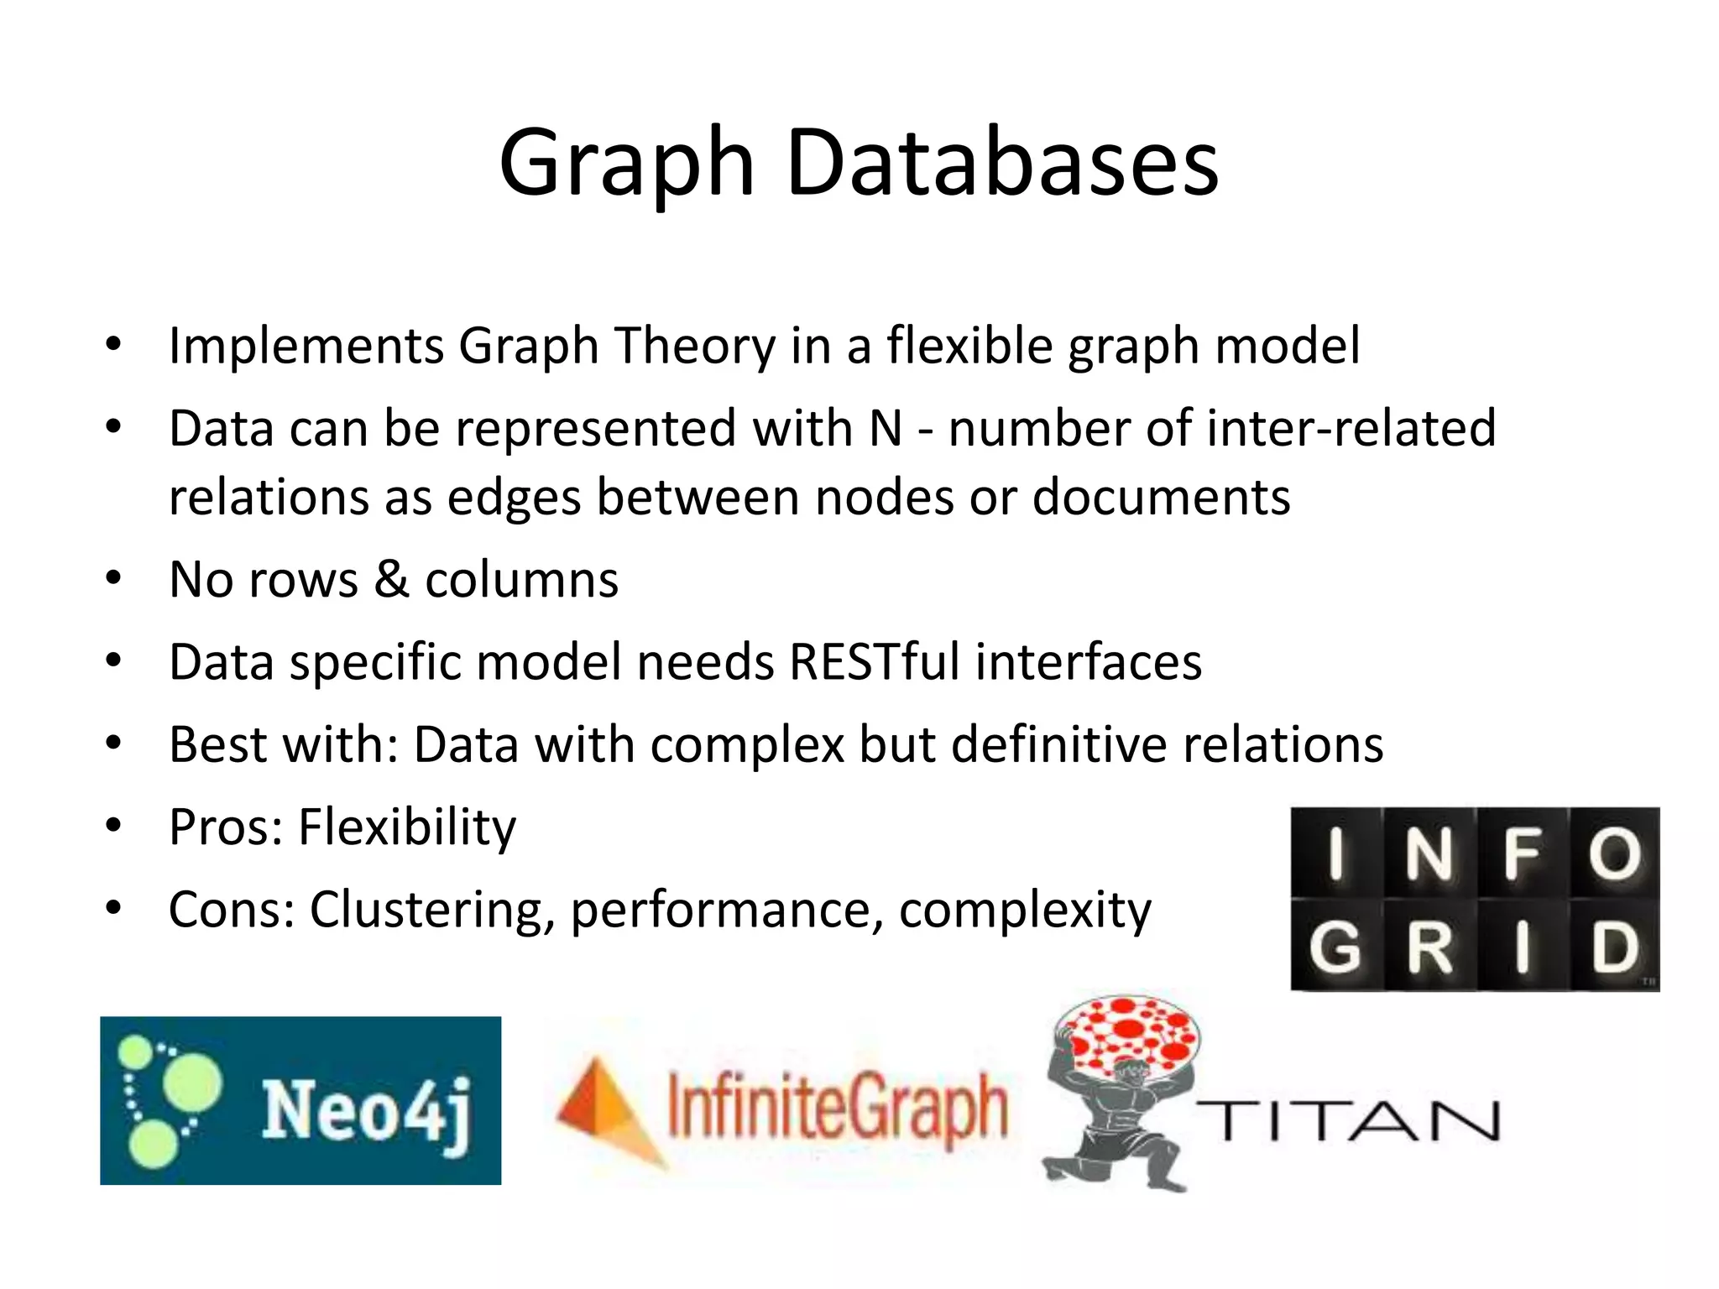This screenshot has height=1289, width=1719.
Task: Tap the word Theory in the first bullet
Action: click(x=695, y=346)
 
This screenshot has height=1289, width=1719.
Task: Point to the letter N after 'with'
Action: click(x=886, y=428)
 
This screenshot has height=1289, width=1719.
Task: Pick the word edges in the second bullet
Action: click(x=514, y=497)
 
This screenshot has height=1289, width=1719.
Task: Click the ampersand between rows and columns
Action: click(x=391, y=579)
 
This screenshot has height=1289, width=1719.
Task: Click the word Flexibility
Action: click(x=407, y=827)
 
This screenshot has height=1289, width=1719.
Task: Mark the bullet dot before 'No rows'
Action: click(x=114, y=578)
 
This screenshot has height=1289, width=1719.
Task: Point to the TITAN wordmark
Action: click(x=1347, y=1121)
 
